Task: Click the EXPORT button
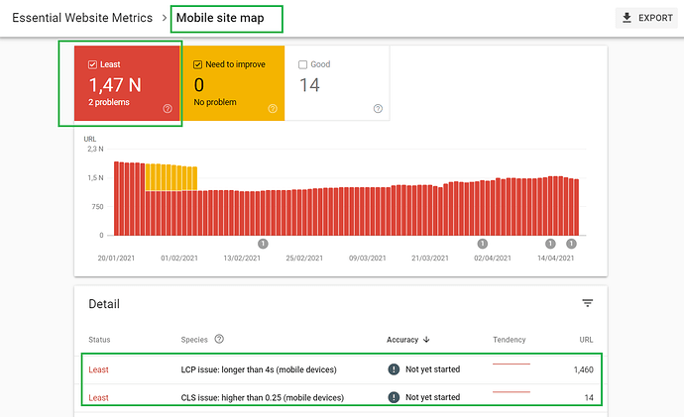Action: (x=646, y=18)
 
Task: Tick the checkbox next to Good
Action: (x=302, y=64)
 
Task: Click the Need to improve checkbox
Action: (x=197, y=64)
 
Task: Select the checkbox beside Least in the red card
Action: (x=92, y=64)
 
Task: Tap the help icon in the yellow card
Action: (x=273, y=109)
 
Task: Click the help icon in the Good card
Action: (x=379, y=109)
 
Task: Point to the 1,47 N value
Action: (x=115, y=85)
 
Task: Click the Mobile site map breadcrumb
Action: (x=220, y=18)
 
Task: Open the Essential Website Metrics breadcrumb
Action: (x=82, y=18)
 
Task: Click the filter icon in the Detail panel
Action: (x=588, y=303)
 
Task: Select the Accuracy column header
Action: (x=402, y=340)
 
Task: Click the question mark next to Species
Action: (x=219, y=339)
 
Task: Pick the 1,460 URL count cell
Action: (x=583, y=369)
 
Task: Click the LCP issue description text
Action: (x=259, y=369)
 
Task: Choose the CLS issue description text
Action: (x=262, y=397)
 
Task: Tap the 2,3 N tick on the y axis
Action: (x=95, y=149)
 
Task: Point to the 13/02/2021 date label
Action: (x=242, y=258)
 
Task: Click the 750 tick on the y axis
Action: (x=98, y=207)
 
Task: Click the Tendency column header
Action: (x=510, y=340)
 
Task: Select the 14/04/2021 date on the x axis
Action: (x=556, y=258)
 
